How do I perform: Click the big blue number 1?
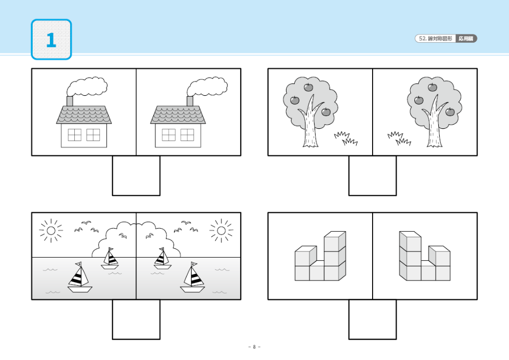[51, 40]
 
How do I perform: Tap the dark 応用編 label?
[466, 39]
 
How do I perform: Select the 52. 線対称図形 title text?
[435, 39]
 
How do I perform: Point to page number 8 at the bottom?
[254, 347]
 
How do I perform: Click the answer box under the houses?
[136, 176]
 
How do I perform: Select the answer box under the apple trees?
[373, 176]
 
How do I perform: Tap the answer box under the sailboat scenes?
[136, 319]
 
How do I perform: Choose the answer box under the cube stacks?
[373, 319]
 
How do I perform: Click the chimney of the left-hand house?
[70, 101]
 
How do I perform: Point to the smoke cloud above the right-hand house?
[207, 87]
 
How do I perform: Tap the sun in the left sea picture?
[51, 231]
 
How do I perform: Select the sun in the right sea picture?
[221, 231]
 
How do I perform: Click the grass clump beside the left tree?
[346, 139]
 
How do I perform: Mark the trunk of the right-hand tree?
[434, 125]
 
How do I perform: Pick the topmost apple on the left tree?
[308, 87]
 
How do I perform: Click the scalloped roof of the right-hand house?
[178, 115]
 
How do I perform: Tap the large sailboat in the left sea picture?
[80, 278]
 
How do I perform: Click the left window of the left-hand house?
[74, 135]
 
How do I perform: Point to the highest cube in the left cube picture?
[335, 240]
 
